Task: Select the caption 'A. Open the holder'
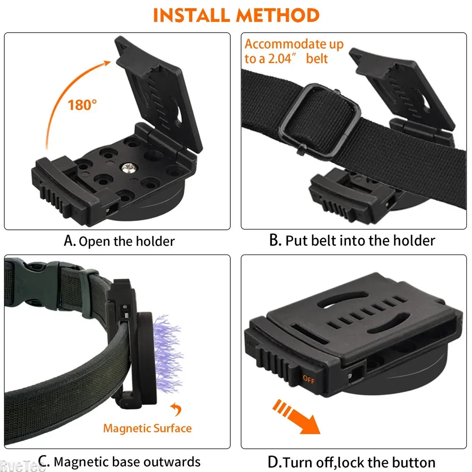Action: point(119,241)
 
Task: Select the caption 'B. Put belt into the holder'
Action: point(352,240)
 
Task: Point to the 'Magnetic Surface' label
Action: point(147,428)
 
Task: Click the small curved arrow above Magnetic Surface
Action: point(176,409)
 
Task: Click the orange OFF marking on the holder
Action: point(309,378)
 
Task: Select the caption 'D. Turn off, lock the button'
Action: point(352,461)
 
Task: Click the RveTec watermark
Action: point(21,467)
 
